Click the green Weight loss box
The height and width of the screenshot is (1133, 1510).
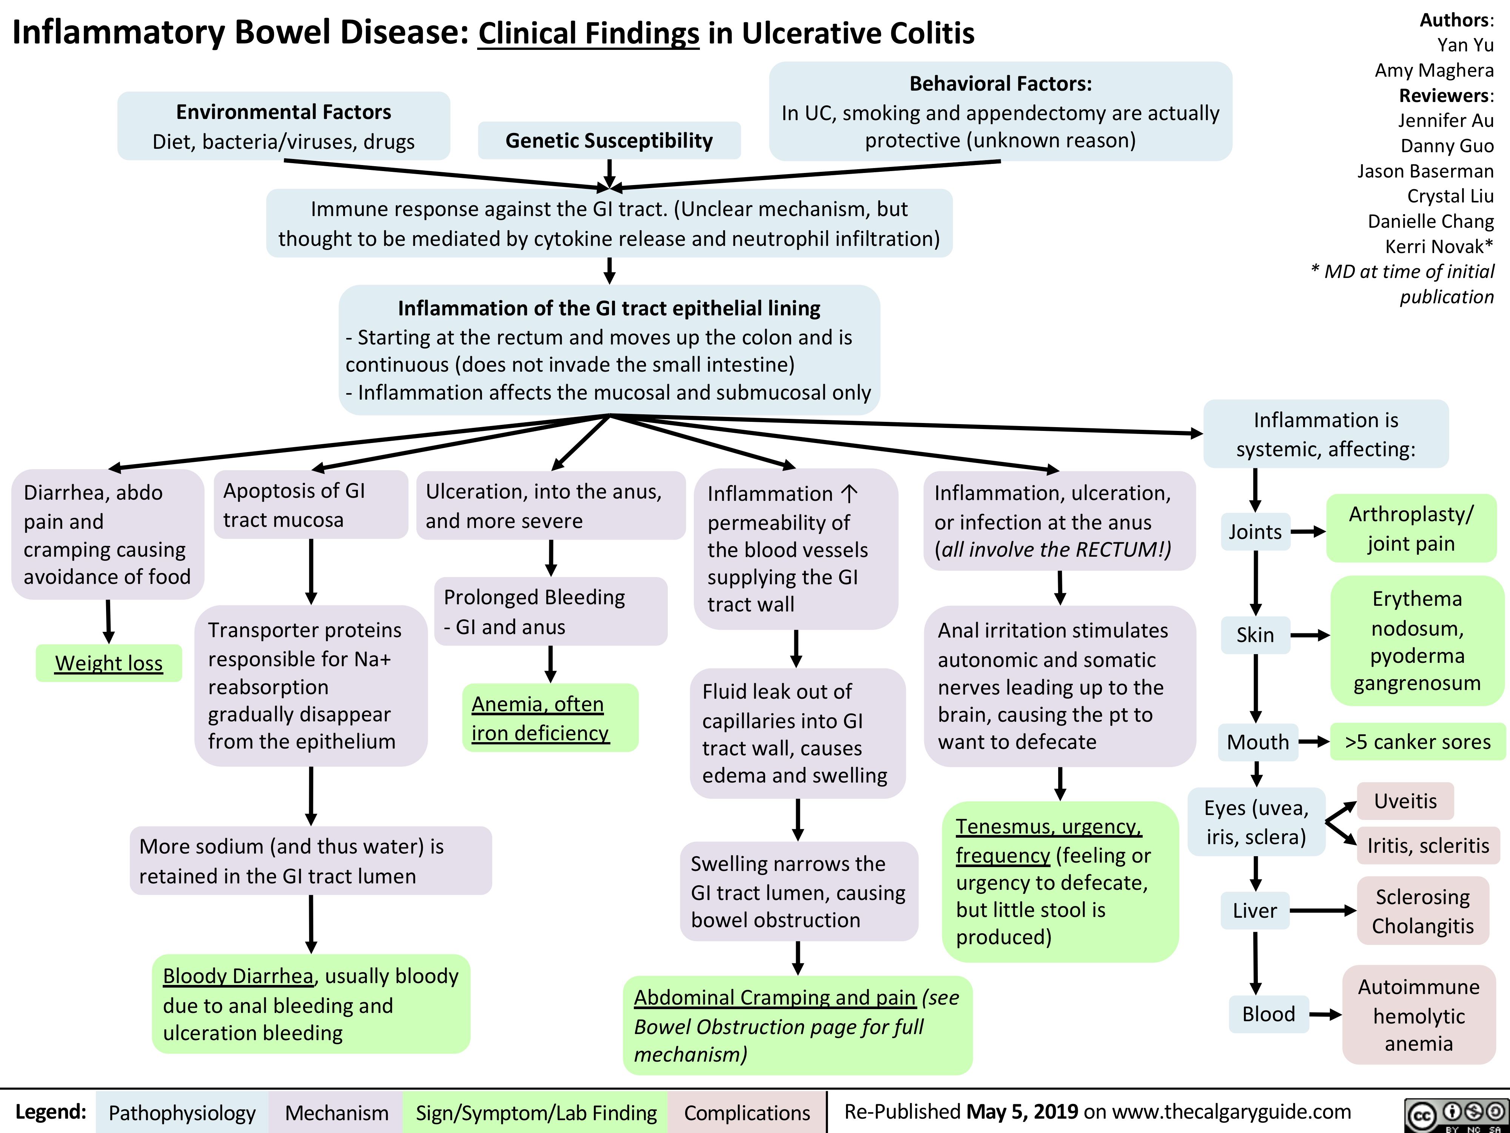click(x=109, y=663)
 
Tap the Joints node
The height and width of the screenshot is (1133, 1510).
click(x=1255, y=531)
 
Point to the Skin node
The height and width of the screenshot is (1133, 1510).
click(x=1255, y=635)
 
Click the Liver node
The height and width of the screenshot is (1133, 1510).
click(x=1255, y=910)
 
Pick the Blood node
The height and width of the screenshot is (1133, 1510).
click(x=1268, y=1014)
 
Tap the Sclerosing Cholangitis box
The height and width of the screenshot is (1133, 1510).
click(x=1423, y=911)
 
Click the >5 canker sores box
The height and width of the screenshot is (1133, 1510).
click(x=1418, y=742)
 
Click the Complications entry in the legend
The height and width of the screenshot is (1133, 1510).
click(x=747, y=1113)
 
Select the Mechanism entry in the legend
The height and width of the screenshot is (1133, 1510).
click(x=337, y=1113)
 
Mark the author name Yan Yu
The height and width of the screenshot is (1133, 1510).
click(x=1465, y=45)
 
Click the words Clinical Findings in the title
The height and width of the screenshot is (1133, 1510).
click(x=589, y=33)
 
